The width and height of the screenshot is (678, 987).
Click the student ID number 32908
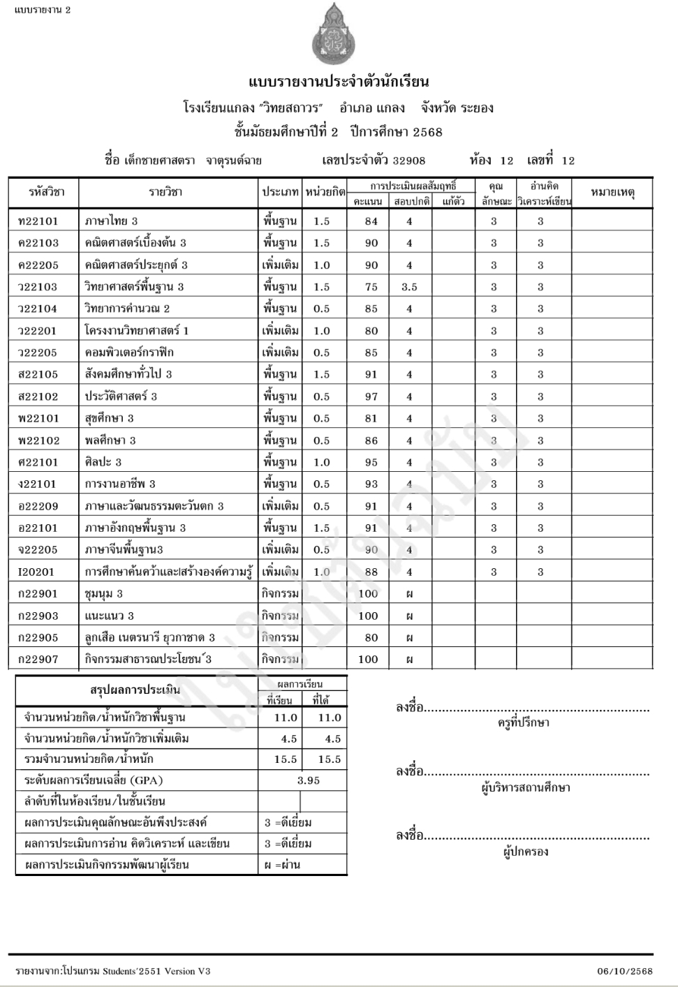pyautogui.click(x=408, y=161)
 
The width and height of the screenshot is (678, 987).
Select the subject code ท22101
pyautogui.click(x=38, y=221)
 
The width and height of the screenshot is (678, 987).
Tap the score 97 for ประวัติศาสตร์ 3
pyautogui.click(x=371, y=396)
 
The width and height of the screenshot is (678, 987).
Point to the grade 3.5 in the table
pyautogui.click(x=409, y=287)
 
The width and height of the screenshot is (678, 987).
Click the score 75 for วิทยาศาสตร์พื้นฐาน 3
pyautogui.click(x=371, y=287)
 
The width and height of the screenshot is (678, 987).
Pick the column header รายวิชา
pyautogui.click(x=165, y=192)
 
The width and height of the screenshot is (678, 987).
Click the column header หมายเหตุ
pyautogui.click(x=612, y=192)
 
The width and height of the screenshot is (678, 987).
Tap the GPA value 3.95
pyautogui.click(x=308, y=780)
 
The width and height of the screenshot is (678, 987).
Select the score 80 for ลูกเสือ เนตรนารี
pyautogui.click(x=371, y=637)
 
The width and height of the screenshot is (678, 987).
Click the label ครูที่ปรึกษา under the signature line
pyautogui.click(x=523, y=723)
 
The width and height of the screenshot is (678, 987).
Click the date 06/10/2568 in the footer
pyautogui.click(x=625, y=971)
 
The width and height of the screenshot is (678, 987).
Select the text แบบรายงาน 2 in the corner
pyautogui.click(x=42, y=10)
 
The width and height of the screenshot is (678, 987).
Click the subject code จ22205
pyautogui.click(x=38, y=550)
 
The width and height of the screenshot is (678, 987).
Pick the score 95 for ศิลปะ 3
pyautogui.click(x=371, y=462)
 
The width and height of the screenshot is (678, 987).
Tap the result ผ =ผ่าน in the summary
pyautogui.click(x=282, y=865)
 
